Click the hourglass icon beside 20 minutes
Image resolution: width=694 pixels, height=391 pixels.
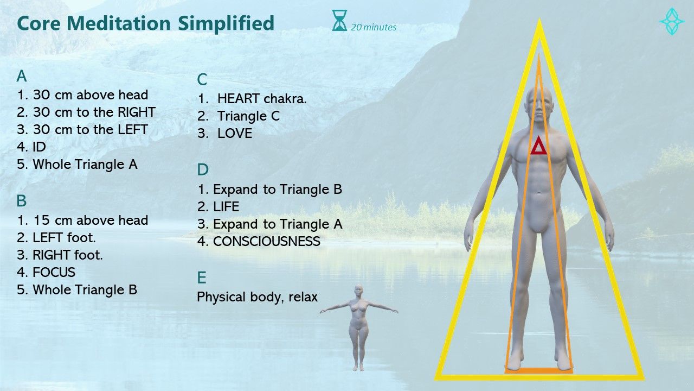(339, 21)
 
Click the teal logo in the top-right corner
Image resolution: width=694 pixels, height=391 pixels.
(672, 21)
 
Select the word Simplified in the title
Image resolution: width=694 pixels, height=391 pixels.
(226, 23)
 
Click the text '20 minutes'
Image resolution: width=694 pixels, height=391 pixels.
(374, 27)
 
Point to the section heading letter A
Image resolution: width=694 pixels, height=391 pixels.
(21, 76)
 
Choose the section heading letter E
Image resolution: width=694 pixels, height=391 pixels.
(201, 278)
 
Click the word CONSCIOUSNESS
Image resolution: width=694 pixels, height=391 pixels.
(267, 242)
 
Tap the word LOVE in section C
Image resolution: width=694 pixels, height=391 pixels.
(235, 134)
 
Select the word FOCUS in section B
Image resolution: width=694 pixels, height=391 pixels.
(54, 273)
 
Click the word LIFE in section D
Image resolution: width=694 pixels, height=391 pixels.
(226, 207)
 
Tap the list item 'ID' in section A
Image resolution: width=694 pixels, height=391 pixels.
(40, 147)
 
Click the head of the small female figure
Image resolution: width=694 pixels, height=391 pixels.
(359, 290)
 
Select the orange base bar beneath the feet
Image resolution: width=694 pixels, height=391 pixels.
(539, 371)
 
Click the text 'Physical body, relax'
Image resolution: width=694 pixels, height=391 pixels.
(257, 297)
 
